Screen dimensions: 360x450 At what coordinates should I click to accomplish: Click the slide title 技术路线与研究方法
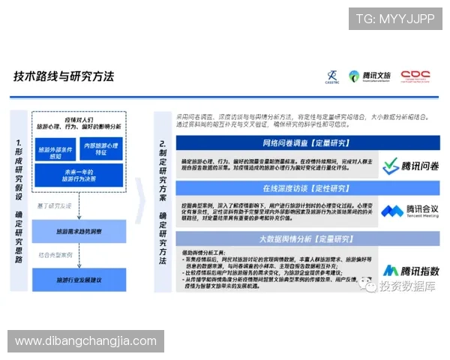(64, 76)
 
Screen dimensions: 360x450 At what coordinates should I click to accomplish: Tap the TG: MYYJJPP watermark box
(394, 19)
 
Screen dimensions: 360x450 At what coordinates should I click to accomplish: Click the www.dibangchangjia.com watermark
(86, 341)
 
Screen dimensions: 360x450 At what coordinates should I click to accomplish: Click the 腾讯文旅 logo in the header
(370, 76)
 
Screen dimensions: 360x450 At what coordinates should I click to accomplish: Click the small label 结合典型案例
(55, 256)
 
